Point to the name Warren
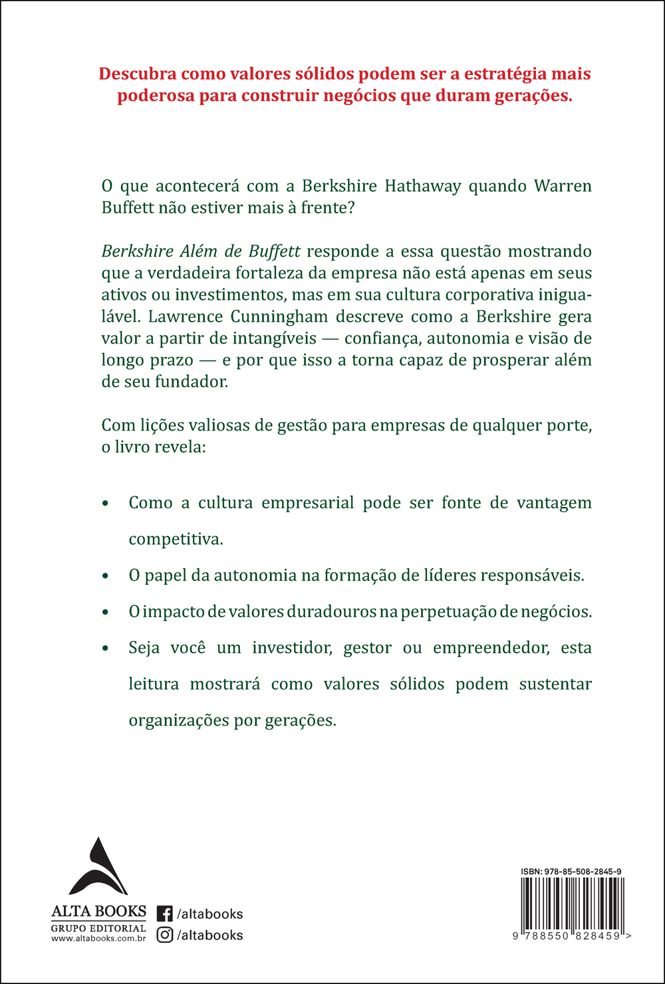click(x=563, y=185)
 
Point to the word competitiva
click(x=176, y=539)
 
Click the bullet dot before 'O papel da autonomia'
click(x=105, y=576)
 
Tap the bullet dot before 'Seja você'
click(x=105, y=648)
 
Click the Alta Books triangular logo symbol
click(x=98, y=866)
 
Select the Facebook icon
click(x=165, y=914)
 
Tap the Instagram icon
click(x=165, y=935)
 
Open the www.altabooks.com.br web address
click(x=98, y=938)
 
